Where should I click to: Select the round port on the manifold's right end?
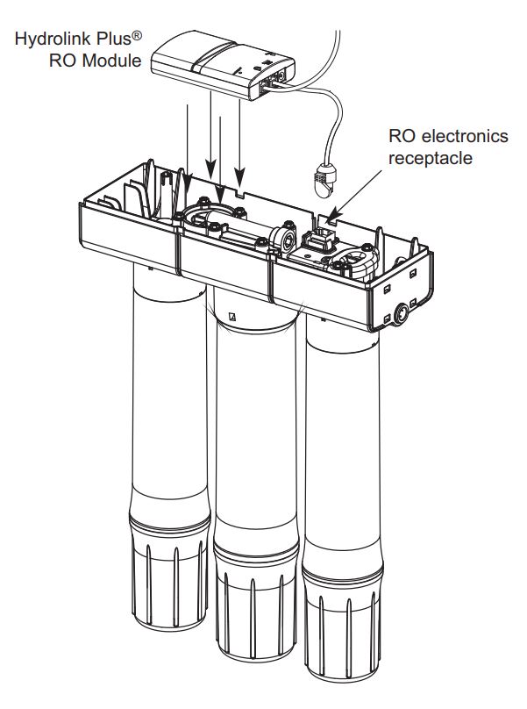click(406, 311)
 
